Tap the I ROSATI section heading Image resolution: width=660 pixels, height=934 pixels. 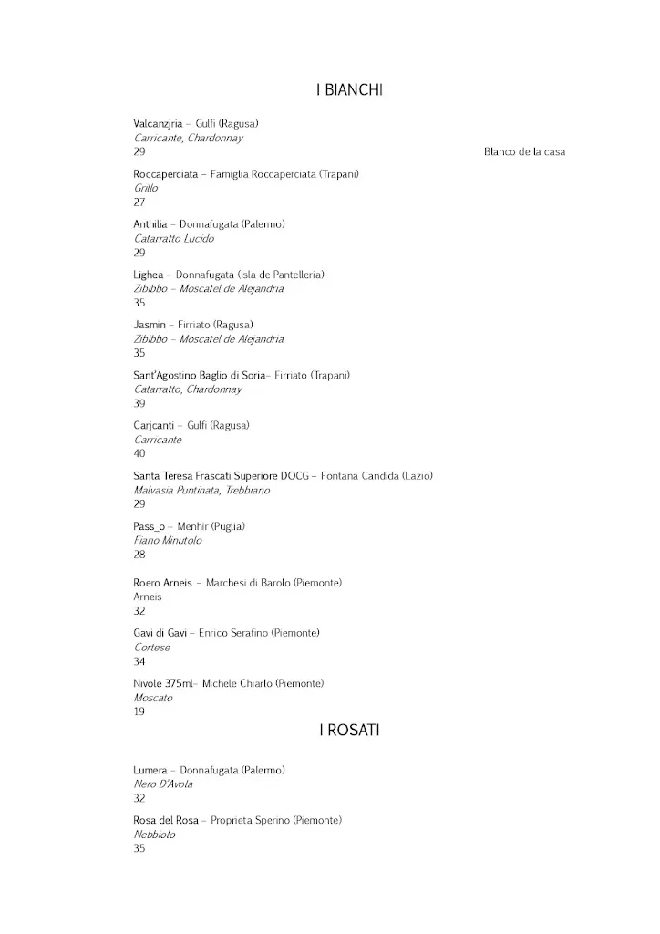click(x=349, y=730)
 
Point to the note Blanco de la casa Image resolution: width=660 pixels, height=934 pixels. click(x=524, y=152)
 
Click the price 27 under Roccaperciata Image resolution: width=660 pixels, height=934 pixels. click(x=139, y=202)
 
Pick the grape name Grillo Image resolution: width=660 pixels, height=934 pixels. click(x=146, y=188)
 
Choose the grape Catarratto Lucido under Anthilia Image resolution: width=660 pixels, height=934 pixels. click(x=174, y=238)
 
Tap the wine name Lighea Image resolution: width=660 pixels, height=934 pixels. click(x=149, y=275)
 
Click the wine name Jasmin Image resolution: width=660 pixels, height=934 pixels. click(x=150, y=325)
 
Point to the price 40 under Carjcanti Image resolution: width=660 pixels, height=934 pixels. click(x=139, y=453)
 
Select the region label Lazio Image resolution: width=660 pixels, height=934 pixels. click(x=418, y=476)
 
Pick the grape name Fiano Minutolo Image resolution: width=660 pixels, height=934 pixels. click(x=168, y=540)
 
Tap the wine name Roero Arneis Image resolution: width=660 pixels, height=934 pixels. click(x=162, y=583)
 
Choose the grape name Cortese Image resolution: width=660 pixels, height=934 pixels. click(x=151, y=648)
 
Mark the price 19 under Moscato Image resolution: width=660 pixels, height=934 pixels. click(x=139, y=712)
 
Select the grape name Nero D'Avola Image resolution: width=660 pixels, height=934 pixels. click(x=163, y=784)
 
